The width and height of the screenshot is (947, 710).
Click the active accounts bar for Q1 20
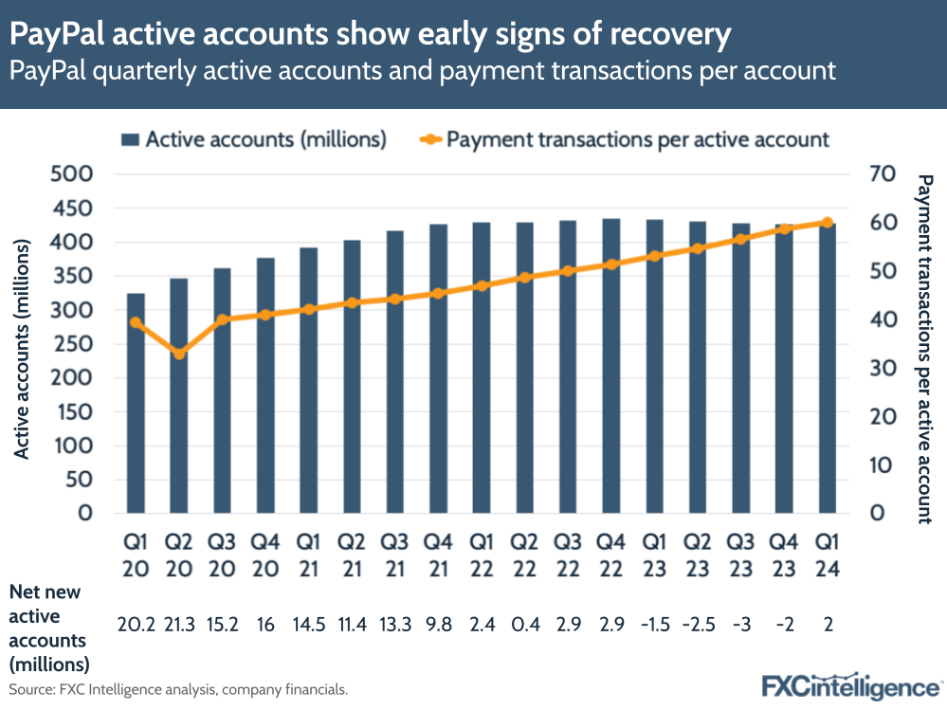pos(136,403)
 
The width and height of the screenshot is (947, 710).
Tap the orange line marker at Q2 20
pos(179,354)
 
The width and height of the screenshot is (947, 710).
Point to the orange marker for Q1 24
pos(828,223)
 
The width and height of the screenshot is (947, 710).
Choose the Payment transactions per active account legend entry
pos(626,139)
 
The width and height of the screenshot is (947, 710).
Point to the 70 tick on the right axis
pos(881,174)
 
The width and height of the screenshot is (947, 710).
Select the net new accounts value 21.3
pos(179,626)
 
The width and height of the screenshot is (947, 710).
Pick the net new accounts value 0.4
pos(525,626)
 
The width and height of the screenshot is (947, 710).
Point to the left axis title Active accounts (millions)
pos(23,349)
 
